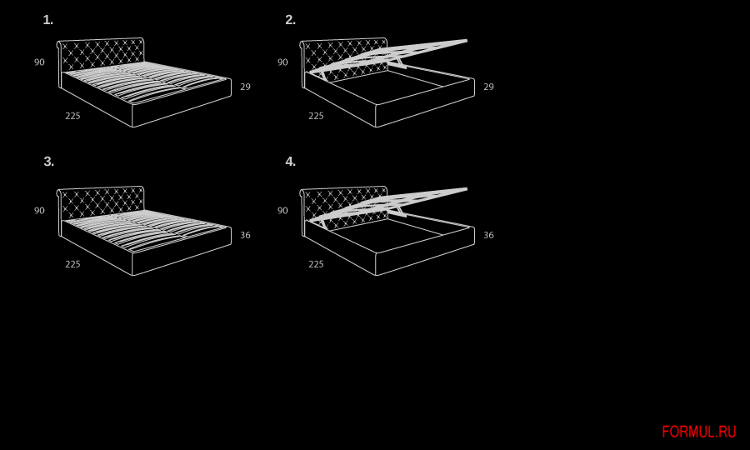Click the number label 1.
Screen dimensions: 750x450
point(47,20)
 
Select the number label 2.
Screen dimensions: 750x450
point(290,20)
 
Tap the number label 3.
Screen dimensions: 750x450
point(49,162)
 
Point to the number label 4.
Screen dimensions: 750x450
point(290,162)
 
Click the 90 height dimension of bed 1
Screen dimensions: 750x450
point(39,62)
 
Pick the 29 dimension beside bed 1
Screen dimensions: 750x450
point(245,87)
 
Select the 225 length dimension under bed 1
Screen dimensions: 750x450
point(72,116)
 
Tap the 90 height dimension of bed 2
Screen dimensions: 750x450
point(282,62)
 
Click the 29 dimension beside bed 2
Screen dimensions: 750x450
point(488,87)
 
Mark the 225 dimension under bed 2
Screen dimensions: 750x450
point(316,116)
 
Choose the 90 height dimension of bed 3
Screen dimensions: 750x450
point(39,210)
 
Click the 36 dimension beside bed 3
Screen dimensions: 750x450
point(245,235)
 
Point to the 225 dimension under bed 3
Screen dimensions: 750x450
point(72,264)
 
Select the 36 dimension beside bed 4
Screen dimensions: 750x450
point(488,235)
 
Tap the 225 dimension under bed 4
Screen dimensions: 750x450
point(316,264)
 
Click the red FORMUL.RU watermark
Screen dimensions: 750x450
point(699,432)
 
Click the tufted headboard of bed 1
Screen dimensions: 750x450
point(101,53)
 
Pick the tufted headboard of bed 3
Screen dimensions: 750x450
point(101,202)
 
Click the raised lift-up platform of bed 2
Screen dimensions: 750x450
point(387,56)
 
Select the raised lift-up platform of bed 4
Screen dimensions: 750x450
point(387,204)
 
